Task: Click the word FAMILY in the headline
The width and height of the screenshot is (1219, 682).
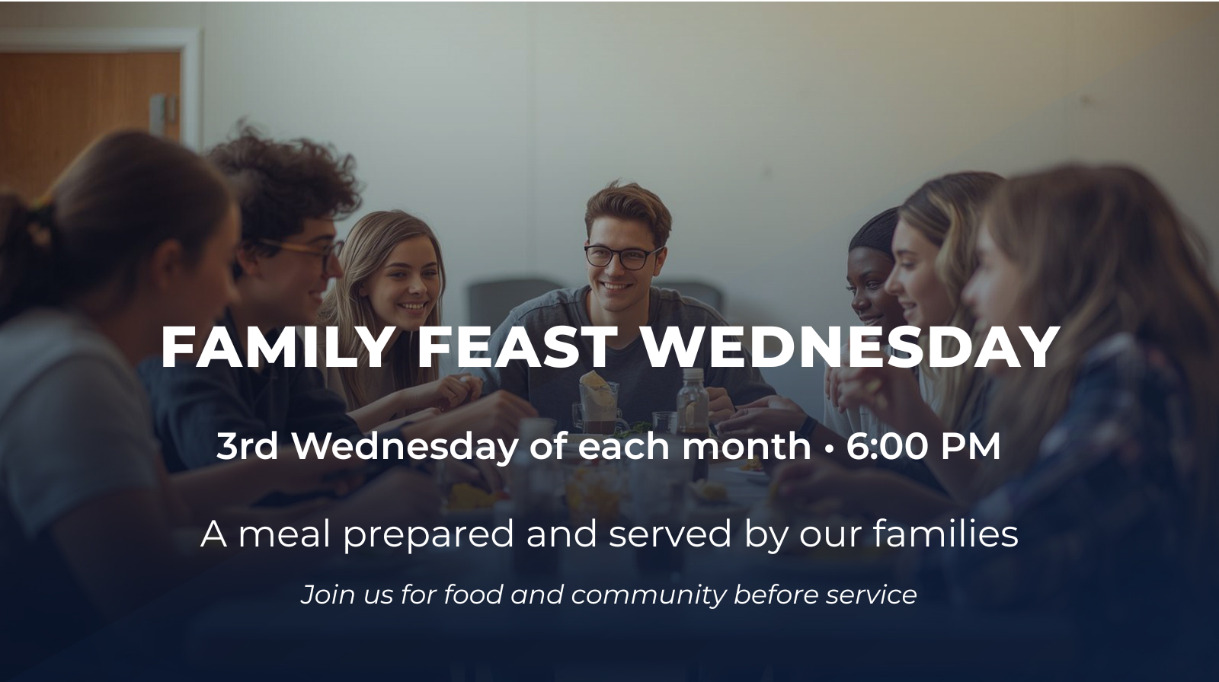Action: pyautogui.click(x=277, y=347)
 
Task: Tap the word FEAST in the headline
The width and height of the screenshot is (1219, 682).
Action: pyautogui.click(x=515, y=347)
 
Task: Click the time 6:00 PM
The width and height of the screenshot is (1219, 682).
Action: pyautogui.click(x=923, y=447)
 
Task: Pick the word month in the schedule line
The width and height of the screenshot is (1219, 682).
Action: pyautogui.click(x=746, y=447)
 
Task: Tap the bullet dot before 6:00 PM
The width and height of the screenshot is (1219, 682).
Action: pyautogui.click(x=829, y=448)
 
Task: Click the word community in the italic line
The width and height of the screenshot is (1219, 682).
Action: pyautogui.click(x=648, y=595)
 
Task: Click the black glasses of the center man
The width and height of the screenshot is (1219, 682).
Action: pyautogui.click(x=624, y=257)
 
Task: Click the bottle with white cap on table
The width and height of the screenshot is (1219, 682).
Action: pyautogui.click(x=693, y=399)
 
